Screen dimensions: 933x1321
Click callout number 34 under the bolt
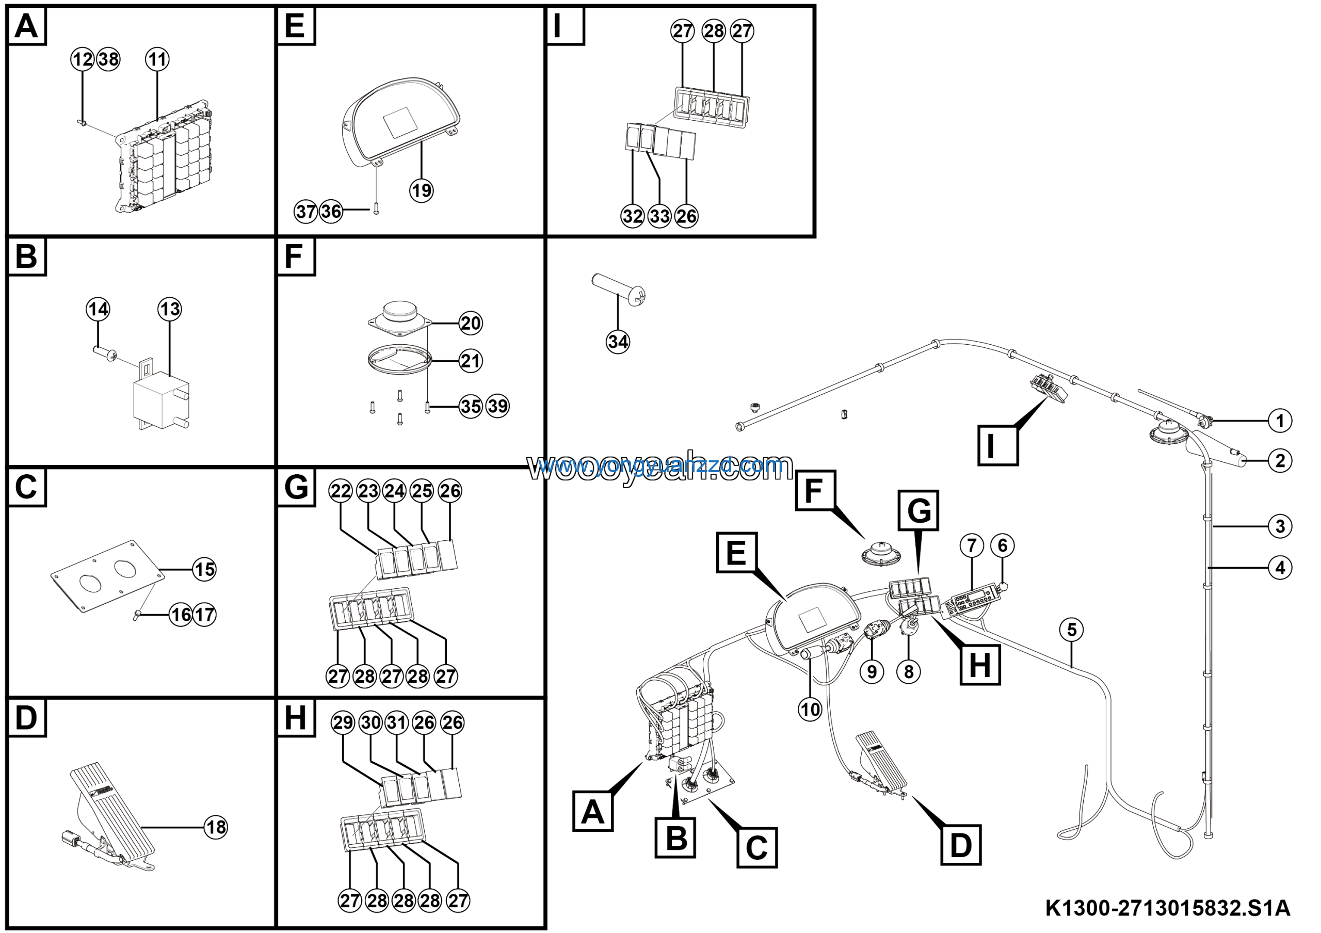tap(617, 342)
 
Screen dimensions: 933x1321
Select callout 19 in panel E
tap(421, 190)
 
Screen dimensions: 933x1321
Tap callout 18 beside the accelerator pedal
tap(216, 827)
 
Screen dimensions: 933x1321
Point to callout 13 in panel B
tap(170, 309)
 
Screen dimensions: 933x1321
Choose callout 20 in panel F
tap(471, 323)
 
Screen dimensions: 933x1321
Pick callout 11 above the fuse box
tap(157, 59)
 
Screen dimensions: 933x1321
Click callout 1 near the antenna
tap(1280, 421)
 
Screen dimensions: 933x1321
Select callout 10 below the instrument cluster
tap(810, 709)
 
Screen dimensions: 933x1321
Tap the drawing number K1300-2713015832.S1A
tap(1167, 908)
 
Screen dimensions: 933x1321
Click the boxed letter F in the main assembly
tap(814, 490)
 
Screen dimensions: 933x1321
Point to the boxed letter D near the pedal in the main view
tap(960, 845)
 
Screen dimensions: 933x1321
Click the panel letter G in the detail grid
tap(296, 487)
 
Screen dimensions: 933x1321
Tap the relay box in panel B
tap(161, 400)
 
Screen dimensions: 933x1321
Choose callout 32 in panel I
tap(632, 216)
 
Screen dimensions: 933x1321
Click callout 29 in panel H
tap(343, 722)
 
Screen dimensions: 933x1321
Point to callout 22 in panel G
tap(341, 491)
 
